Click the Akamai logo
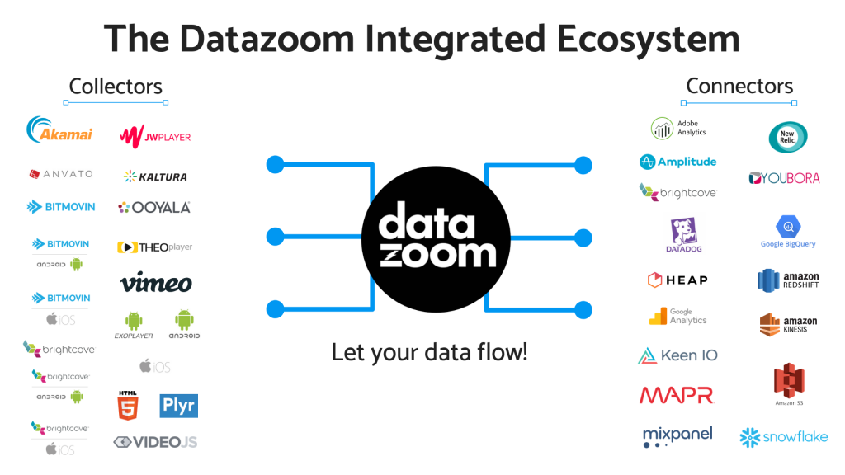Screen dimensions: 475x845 click(x=59, y=132)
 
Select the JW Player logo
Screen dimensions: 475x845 click(x=155, y=135)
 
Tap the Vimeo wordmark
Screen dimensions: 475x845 click(x=156, y=284)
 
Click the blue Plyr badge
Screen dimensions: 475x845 click(x=178, y=406)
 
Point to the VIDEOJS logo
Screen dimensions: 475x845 click(x=155, y=443)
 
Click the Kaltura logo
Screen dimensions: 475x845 click(x=155, y=176)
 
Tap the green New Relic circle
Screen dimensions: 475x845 click(x=787, y=136)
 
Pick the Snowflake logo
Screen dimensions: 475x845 click(x=783, y=437)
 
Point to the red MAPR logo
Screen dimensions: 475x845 click(x=676, y=395)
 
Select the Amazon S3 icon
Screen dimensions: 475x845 click(x=789, y=383)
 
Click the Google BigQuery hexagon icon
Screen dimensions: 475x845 click(x=788, y=226)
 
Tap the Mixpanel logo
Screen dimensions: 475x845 click(x=677, y=435)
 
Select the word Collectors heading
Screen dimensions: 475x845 click(x=116, y=86)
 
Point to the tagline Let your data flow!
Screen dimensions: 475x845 click(x=429, y=352)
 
